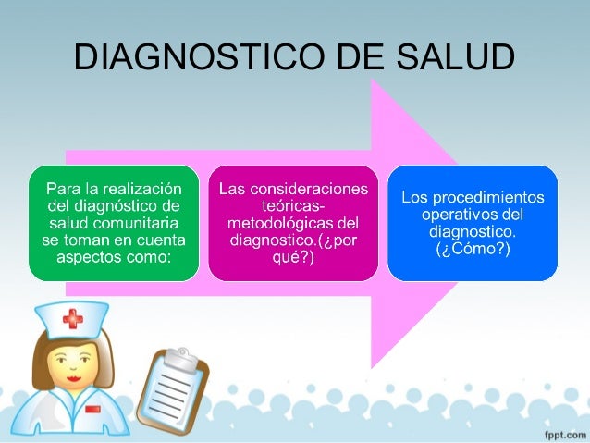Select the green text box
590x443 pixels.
click(114, 223)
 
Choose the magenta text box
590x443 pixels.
click(293, 223)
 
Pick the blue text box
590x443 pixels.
click(473, 223)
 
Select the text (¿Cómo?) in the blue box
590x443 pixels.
click(473, 249)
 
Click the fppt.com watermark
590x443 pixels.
click(560, 432)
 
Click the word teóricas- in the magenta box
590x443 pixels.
click(293, 207)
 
